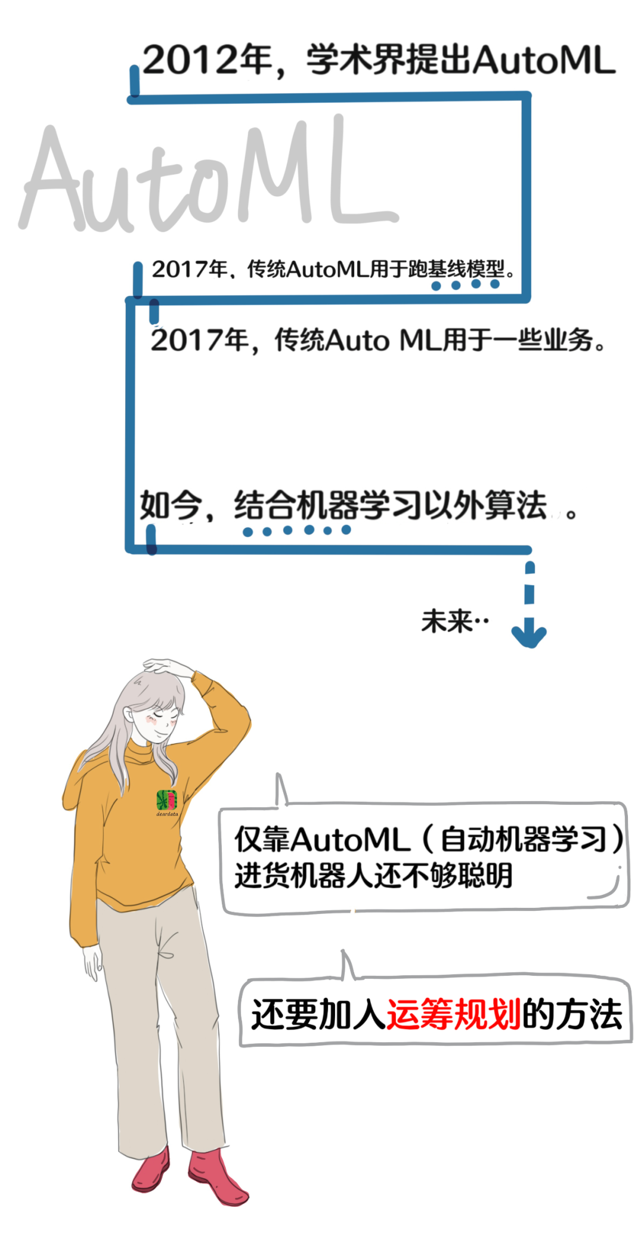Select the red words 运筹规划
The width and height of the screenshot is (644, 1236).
tap(454, 1014)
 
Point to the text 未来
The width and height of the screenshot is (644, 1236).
tap(447, 621)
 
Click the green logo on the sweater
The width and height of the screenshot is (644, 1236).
tap(166, 799)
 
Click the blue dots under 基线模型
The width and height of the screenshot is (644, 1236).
tap(466, 285)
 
